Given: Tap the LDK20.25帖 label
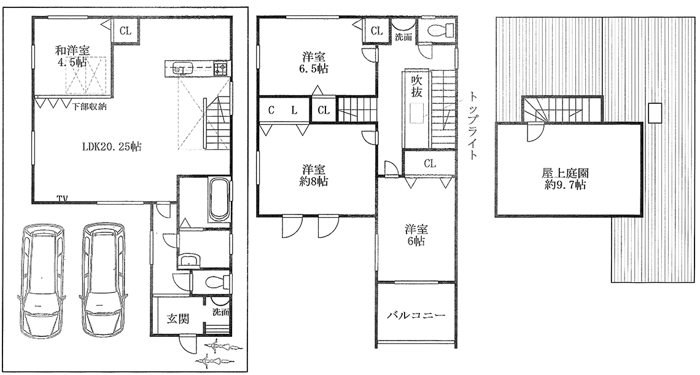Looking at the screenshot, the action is click(x=111, y=146).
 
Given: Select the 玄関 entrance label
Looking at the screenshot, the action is click(x=177, y=318).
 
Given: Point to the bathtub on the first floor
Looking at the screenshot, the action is click(x=219, y=200).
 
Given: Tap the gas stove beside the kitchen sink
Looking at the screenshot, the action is click(x=220, y=68).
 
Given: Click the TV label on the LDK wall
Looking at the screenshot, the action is click(x=63, y=198).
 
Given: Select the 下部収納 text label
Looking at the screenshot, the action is click(x=90, y=107).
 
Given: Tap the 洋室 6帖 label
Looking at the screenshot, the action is click(x=416, y=235).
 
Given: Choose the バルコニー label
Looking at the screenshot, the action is click(x=416, y=315).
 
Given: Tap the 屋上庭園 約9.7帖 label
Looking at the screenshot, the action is click(x=565, y=179).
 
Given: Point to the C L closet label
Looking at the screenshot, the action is click(x=282, y=111).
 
